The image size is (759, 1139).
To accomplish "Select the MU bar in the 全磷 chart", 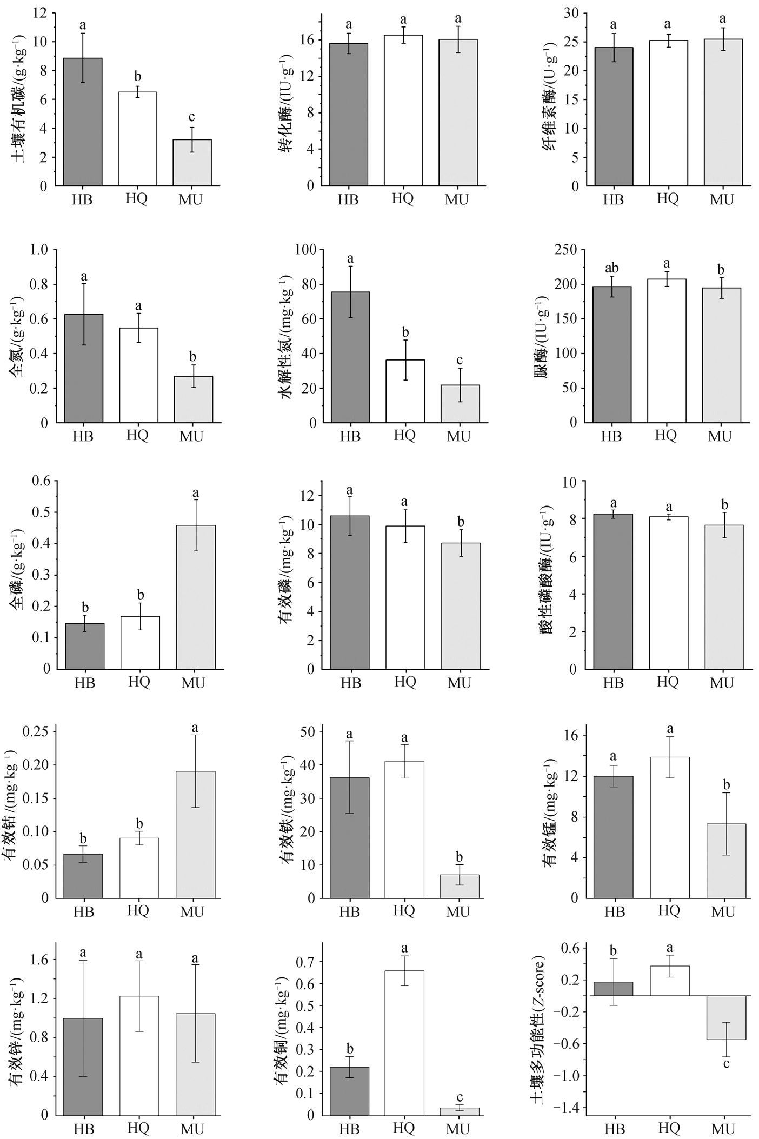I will pos(196,597).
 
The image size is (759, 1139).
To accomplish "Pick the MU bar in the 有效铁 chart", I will pos(459,887).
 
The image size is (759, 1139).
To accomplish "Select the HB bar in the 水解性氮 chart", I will pos(350,357).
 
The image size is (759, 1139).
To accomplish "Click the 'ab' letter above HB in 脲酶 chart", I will pos(611,269).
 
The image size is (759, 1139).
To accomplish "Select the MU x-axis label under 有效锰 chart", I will pos(723,912).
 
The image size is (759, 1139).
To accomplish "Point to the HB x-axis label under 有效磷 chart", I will pos(351,683).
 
